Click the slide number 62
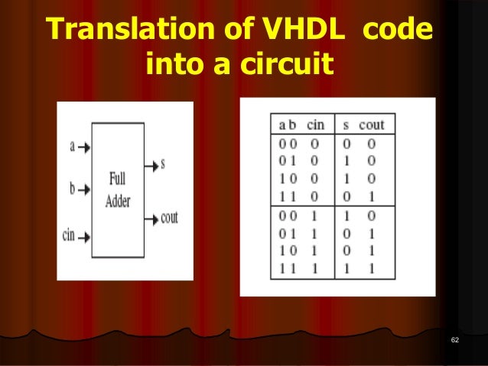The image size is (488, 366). pos(455,339)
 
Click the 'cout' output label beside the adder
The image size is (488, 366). pos(169,218)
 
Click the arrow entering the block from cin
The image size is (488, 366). pos(85,235)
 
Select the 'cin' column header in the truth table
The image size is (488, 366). pos(316,125)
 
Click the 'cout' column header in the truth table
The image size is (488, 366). pos(371,125)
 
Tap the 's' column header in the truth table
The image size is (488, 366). pos(346,125)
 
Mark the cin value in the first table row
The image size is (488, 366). pos(315,143)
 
